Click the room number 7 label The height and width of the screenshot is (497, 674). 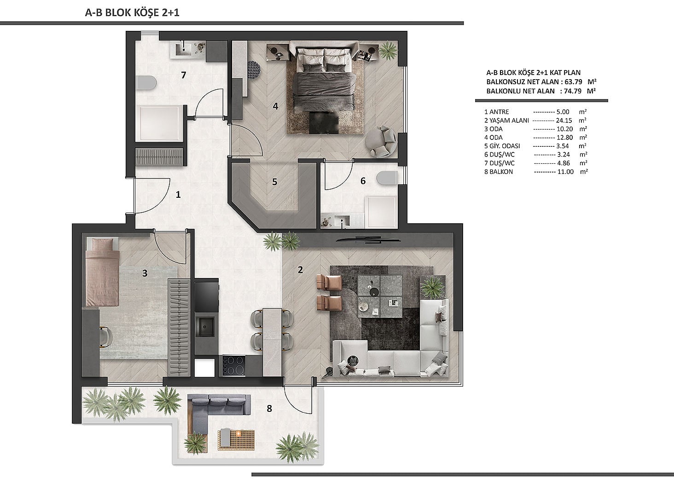(x=184, y=75)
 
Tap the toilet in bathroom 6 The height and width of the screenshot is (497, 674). (x=387, y=178)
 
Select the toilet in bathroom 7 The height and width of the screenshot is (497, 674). (x=146, y=82)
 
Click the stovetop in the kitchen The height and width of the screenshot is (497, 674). (x=233, y=365)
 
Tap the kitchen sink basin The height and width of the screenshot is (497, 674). (x=205, y=327)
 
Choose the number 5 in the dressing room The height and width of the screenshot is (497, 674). (x=274, y=182)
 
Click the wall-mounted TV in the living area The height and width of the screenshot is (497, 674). (x=369, y=240)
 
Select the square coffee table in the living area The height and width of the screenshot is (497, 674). (x=380, y=296)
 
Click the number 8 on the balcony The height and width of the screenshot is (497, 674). (x=269, y=409)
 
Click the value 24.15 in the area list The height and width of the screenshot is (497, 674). (x=564, y=121)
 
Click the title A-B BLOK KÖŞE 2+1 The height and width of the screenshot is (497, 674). (x=132, y=12)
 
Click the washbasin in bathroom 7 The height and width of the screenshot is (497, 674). (x=183, y=49)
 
